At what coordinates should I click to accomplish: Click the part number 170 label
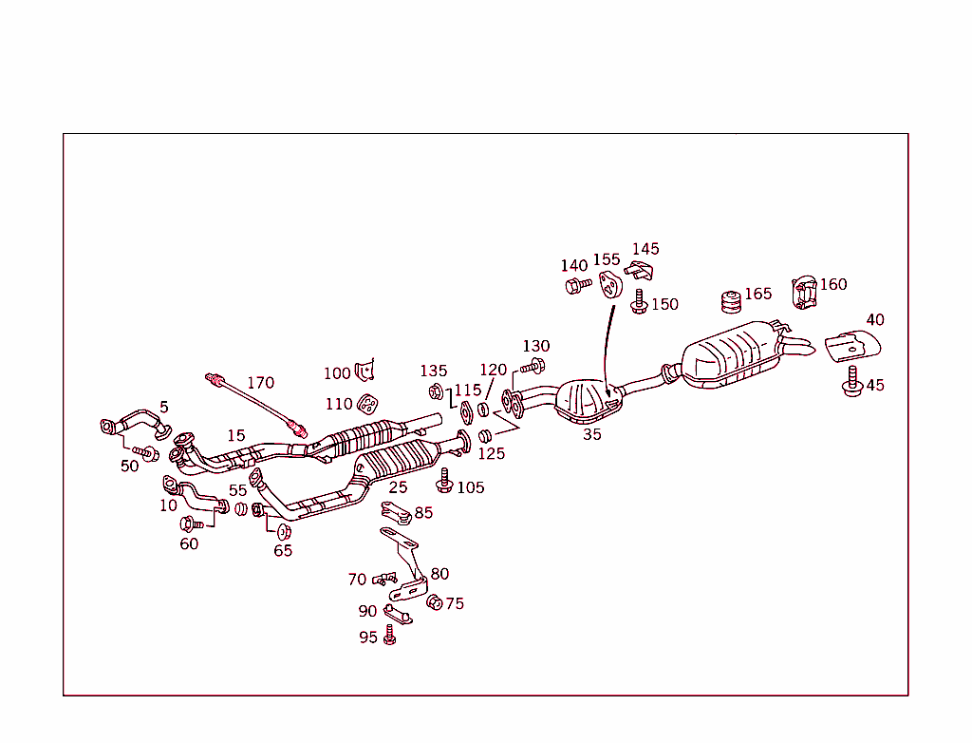click(260, 383)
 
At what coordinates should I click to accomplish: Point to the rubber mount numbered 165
click(731, 301)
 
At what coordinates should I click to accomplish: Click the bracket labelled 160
click(803, 292)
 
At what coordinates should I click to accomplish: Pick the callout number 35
click(592, 434)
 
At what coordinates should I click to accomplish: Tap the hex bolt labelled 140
click(574, 284)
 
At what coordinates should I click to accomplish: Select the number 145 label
click(645, 249)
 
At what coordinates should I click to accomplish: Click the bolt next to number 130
click(533, 366)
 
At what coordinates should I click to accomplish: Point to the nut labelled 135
click(436, 391)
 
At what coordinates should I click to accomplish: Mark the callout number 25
click(398, 487)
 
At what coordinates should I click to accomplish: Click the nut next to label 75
click(434, 602)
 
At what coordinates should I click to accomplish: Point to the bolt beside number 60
click(187, 524)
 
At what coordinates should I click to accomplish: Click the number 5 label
click(163, 407)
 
